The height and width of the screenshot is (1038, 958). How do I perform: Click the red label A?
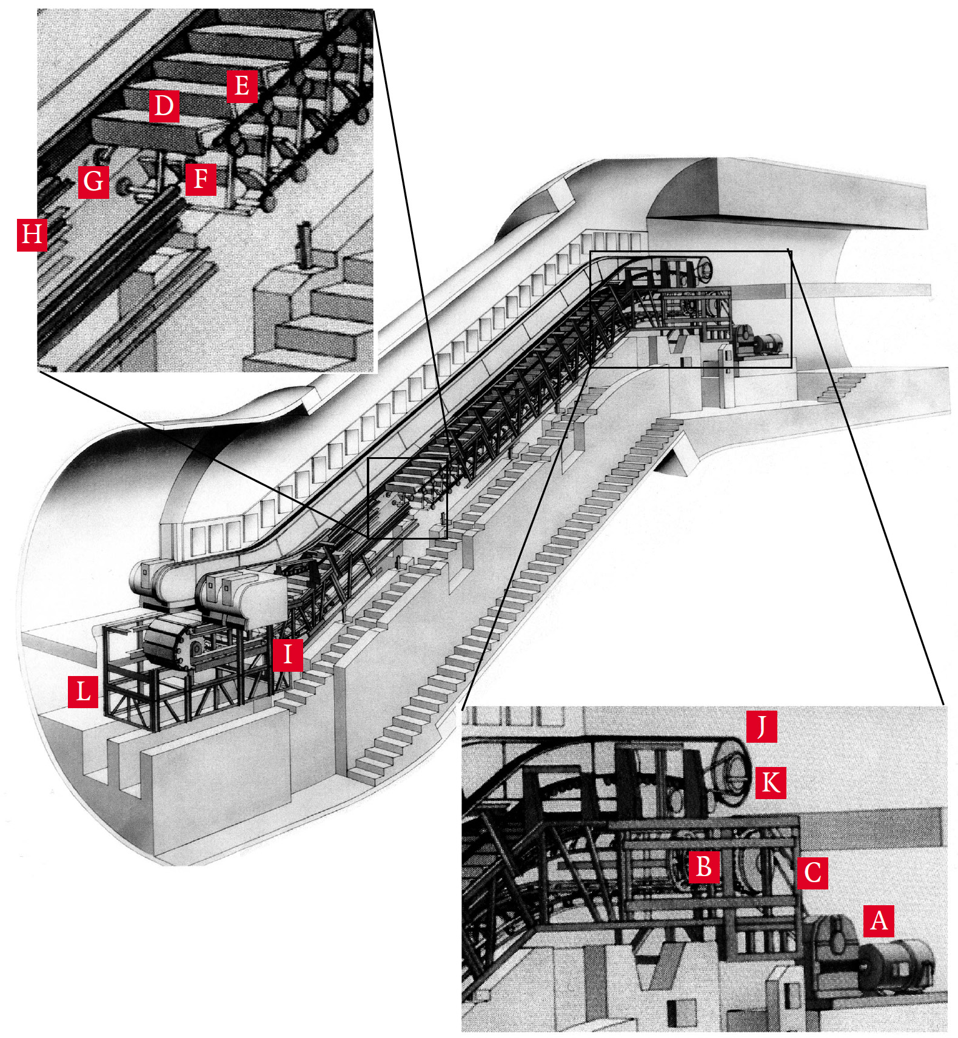[879, 920]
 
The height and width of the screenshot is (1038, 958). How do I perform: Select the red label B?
[703, 866]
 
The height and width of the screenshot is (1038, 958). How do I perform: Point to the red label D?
[164, 106]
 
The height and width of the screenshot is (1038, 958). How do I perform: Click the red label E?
[241, 85]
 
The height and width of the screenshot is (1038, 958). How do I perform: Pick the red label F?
[201, 179]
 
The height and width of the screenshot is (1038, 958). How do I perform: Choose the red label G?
[93, 181]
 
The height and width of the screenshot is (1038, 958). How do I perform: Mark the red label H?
[32, 234]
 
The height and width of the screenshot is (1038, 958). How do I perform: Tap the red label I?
[287, 654]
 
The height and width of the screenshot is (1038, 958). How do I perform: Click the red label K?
[770, 782]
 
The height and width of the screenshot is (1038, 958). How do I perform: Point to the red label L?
[83, 691]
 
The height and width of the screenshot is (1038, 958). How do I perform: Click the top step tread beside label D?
[152, 129]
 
